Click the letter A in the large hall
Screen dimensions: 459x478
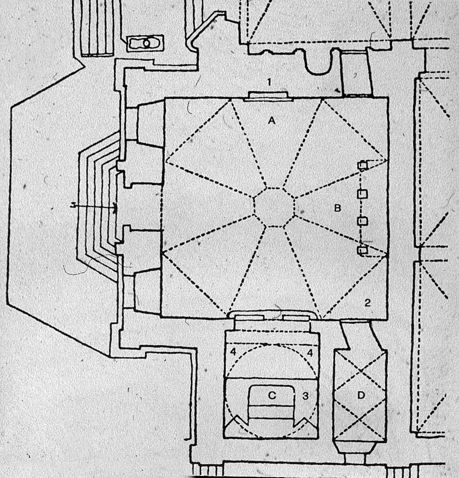pyautogui.click(x=271, y=121)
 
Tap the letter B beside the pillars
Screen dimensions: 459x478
pyautogui.click(x=337, y=208)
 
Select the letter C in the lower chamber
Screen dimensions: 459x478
pyautogui.click(x=272, y=395)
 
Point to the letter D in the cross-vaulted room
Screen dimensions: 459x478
pyautogui.click(x=361, y=396)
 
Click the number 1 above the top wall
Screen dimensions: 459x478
pyautogui.click(x=269, y=82)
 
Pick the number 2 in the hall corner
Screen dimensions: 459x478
pyautogui.click(x=368, y=303)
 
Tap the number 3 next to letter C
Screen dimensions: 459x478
pyautogui.click(x=305, y=396)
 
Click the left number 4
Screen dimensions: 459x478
pyautogui.click(x=233, y=352)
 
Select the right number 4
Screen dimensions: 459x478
pyautogui.click(x=310, y=353)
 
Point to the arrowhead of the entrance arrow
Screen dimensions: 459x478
pyautogui.click(x=115, y=207)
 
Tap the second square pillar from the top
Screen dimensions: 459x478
pyautogui.click(x=363, y=194)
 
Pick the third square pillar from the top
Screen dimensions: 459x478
pyautogui.click(x=363, y=221)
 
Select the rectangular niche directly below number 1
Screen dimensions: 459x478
pyautogui.click(x=269, y=95)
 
